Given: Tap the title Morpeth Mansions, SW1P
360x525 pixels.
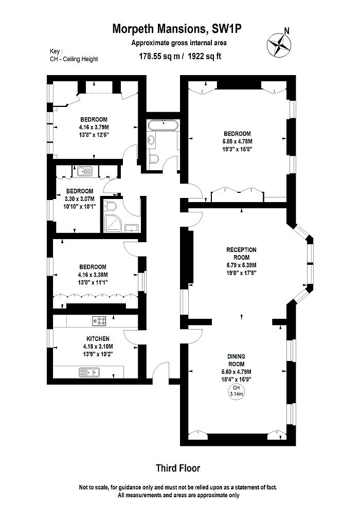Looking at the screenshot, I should [177, 30].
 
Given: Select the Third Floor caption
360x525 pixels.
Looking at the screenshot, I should [178, 468].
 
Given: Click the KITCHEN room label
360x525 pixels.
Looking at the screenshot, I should [97, 339].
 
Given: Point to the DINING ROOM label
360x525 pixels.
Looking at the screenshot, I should [236, 356].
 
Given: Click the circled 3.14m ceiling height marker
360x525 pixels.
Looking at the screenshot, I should [236, 391].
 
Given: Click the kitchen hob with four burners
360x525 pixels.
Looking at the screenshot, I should [99, 321].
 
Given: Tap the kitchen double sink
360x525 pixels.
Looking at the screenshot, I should [89, 371].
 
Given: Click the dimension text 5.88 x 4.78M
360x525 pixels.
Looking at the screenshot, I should [237, 141].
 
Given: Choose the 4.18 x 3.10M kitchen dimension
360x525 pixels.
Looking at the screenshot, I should [97, 347].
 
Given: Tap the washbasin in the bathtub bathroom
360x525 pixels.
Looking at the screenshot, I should [151, 139].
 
